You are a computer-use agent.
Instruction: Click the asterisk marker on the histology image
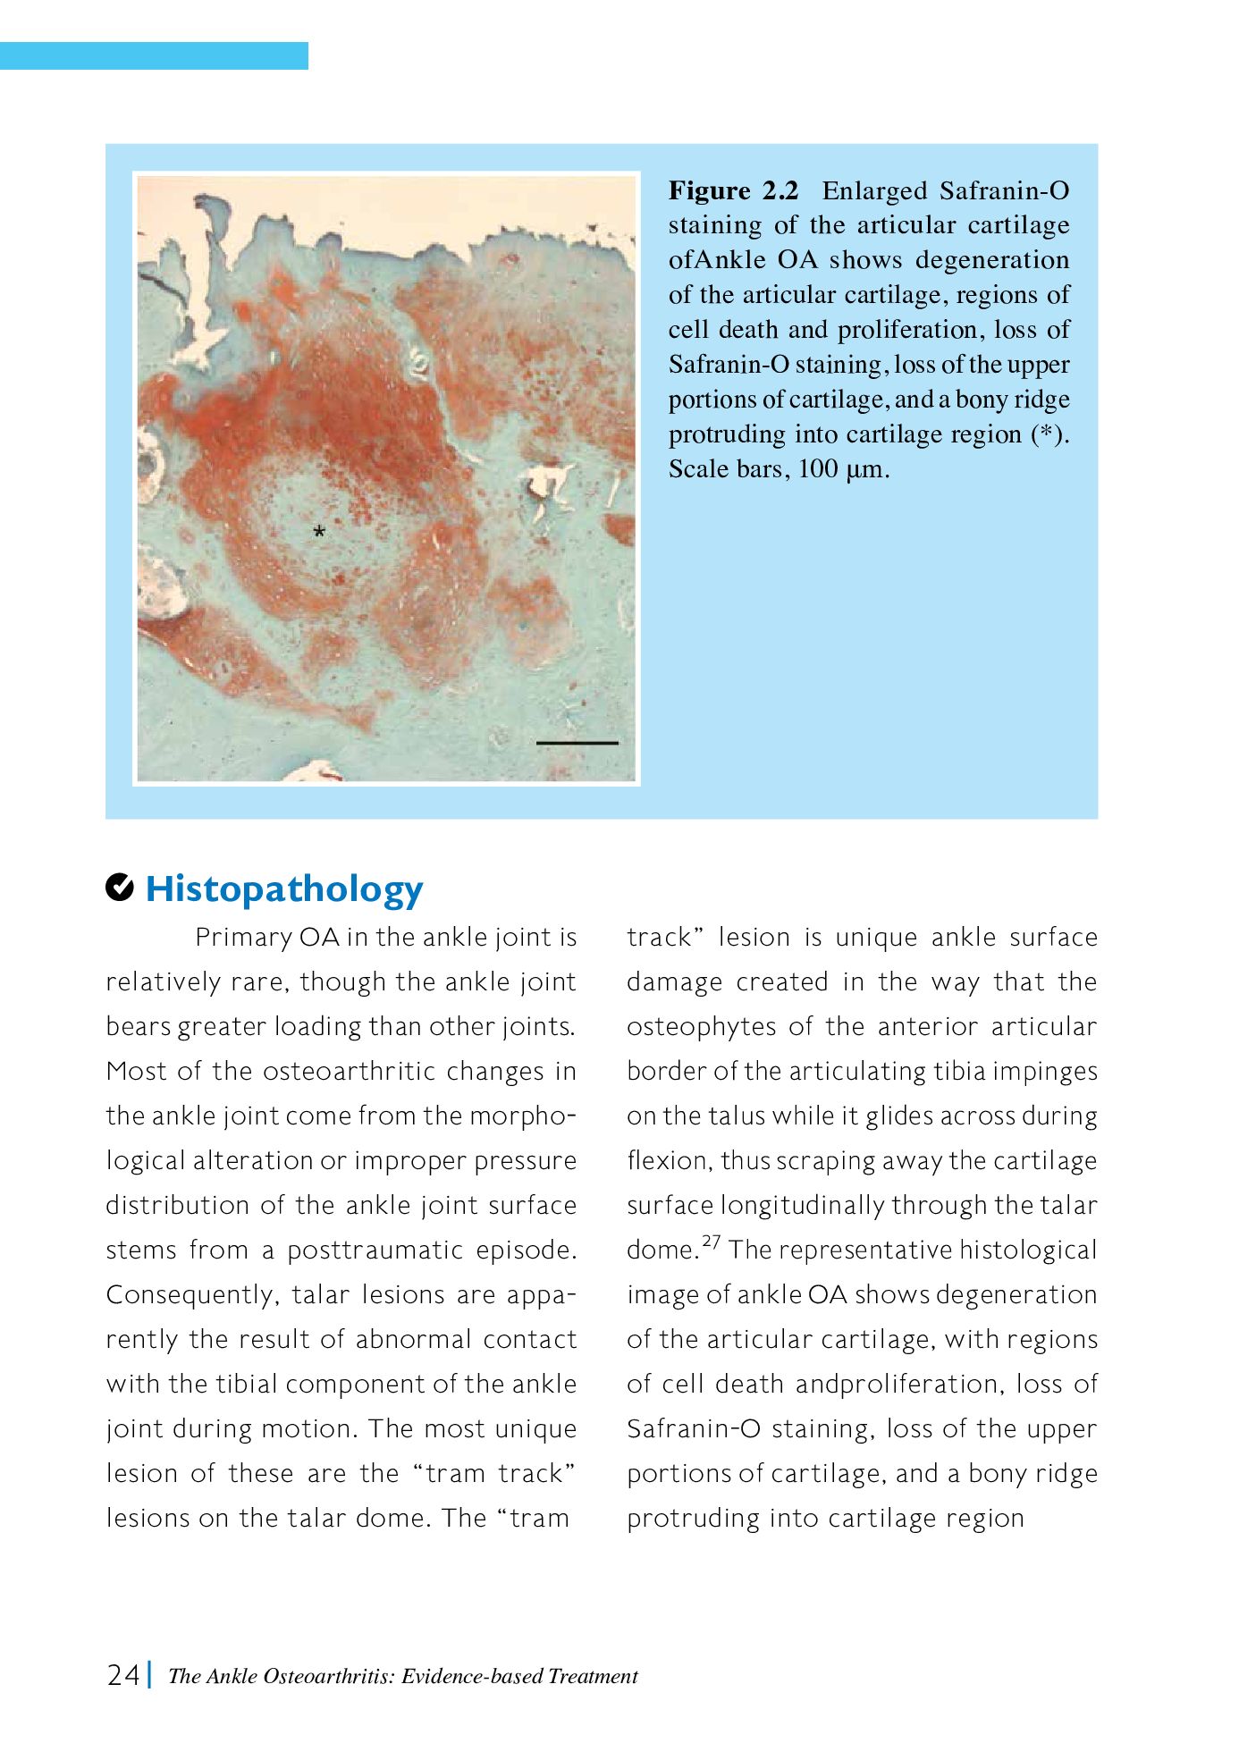coord(319,533)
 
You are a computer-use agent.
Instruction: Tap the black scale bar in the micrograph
coord(577,743)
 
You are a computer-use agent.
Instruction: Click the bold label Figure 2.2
coord(733,190)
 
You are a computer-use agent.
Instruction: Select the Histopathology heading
coord(283,888)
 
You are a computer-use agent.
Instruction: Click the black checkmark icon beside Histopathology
coord(120,888)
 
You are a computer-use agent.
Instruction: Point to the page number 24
coord(123,1674)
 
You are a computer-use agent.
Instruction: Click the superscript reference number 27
coord(712,1242)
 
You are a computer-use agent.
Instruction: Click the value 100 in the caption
coord(817,469)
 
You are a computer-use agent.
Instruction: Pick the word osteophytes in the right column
coord(701,1026)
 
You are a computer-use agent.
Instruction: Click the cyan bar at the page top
coord(154,55)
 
